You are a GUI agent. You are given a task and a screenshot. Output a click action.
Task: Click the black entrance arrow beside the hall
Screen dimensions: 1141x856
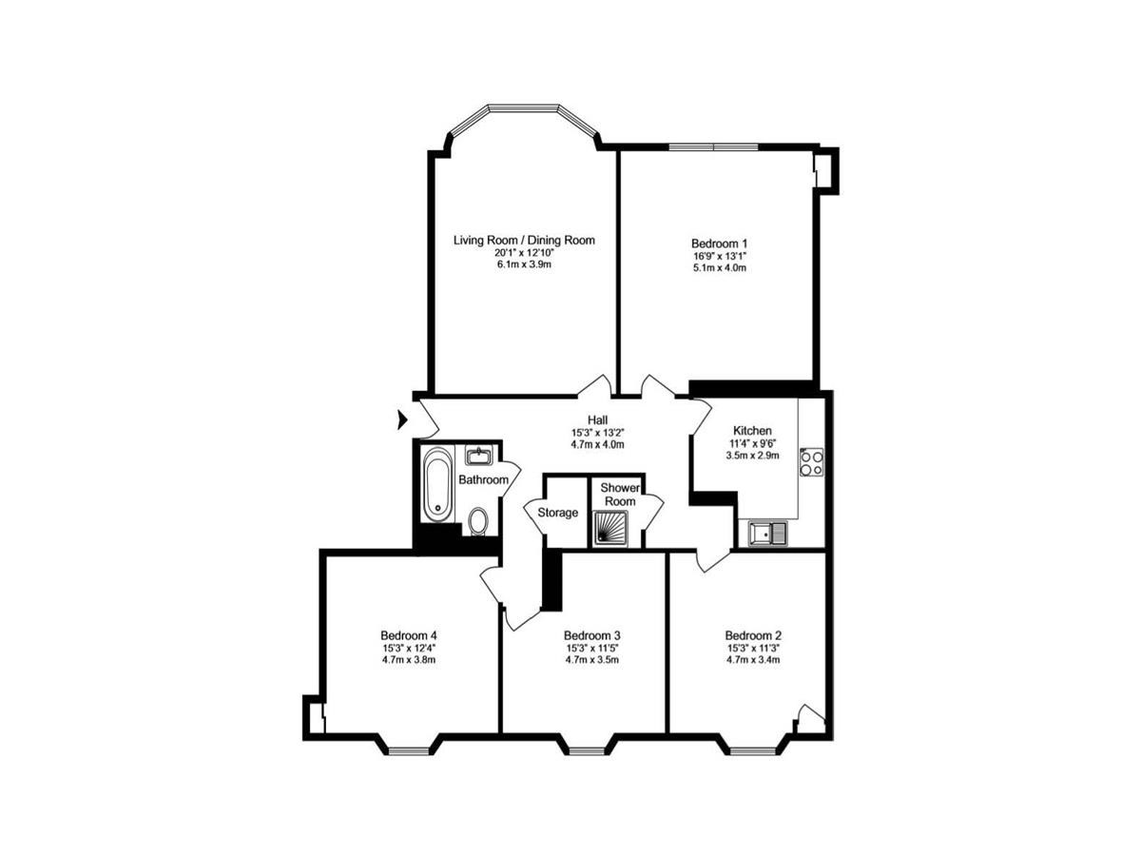(402, 419)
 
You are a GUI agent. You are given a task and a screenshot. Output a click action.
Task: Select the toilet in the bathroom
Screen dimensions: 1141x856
(477, 521)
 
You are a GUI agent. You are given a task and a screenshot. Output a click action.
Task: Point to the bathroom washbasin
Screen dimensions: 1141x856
(477, 456)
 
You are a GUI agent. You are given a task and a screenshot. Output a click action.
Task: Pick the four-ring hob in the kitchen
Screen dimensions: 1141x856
(811, 462)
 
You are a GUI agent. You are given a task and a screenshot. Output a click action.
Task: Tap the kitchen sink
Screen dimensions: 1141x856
(767, 534)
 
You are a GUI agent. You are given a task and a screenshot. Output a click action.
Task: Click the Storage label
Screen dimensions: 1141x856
(557, 513)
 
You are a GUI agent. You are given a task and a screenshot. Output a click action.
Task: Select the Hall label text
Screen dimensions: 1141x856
(597, 419)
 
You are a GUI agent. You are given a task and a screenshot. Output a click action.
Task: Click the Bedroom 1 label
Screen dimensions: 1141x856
(719, 243)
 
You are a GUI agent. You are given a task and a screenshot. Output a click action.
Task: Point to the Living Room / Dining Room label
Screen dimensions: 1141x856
(524, 240)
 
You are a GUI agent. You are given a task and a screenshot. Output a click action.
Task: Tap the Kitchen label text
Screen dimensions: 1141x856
(752, 430)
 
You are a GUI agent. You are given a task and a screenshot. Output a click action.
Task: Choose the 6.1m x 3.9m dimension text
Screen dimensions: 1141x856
(524, 264)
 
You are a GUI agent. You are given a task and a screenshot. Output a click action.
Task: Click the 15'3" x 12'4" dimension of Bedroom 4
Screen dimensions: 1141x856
(408, 648)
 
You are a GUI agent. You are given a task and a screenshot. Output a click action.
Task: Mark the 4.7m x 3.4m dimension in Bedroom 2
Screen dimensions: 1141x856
(753, 660)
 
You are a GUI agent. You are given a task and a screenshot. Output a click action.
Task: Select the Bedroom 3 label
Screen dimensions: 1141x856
(592, 635)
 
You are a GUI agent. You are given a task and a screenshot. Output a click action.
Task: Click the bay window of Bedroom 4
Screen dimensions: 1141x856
(408, 746)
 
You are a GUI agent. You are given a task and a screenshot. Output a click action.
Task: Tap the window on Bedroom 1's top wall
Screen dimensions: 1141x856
(713, 147)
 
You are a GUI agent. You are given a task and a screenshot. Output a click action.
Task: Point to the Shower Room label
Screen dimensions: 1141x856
(620, 495)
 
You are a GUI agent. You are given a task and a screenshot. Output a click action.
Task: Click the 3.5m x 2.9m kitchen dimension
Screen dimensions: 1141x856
(752, 456)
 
